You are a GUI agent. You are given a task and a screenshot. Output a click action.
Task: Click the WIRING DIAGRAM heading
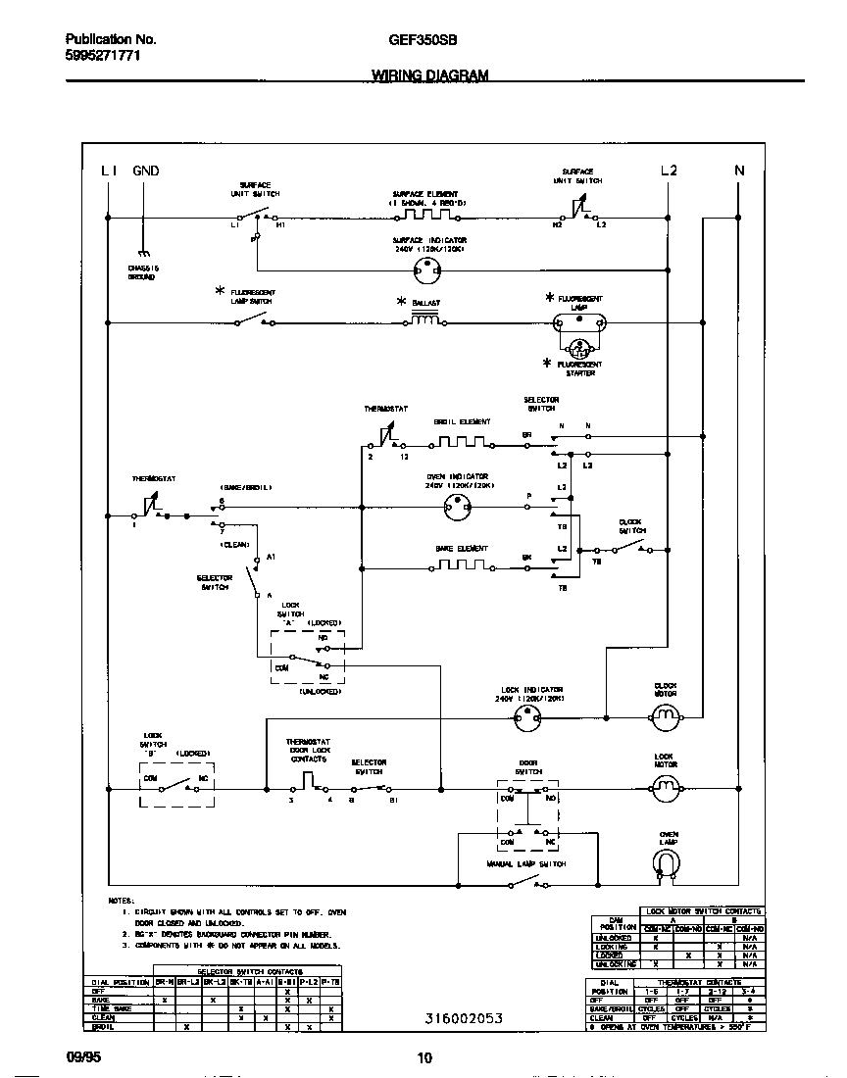click(429, 74)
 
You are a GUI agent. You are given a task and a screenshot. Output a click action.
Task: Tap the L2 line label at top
click(669, 171)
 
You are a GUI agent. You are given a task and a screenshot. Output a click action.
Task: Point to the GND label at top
click(145, 171)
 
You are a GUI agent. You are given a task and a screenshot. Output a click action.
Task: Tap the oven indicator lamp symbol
click(457, 507)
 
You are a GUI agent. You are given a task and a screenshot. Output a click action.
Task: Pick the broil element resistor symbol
click(462, 444)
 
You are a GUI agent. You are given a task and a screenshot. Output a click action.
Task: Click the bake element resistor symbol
click(462, 565)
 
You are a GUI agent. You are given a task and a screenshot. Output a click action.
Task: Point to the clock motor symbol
click(666, 720)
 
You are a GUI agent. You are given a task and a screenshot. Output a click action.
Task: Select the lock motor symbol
click(666, 786)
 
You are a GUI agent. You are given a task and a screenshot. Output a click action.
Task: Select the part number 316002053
click(464, 1018)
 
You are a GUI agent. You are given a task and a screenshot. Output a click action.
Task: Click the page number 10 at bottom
click(423, 1057)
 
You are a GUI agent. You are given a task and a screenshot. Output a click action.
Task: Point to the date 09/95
click(82, 1057)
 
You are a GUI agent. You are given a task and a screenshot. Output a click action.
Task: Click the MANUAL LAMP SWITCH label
click(526, 865)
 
